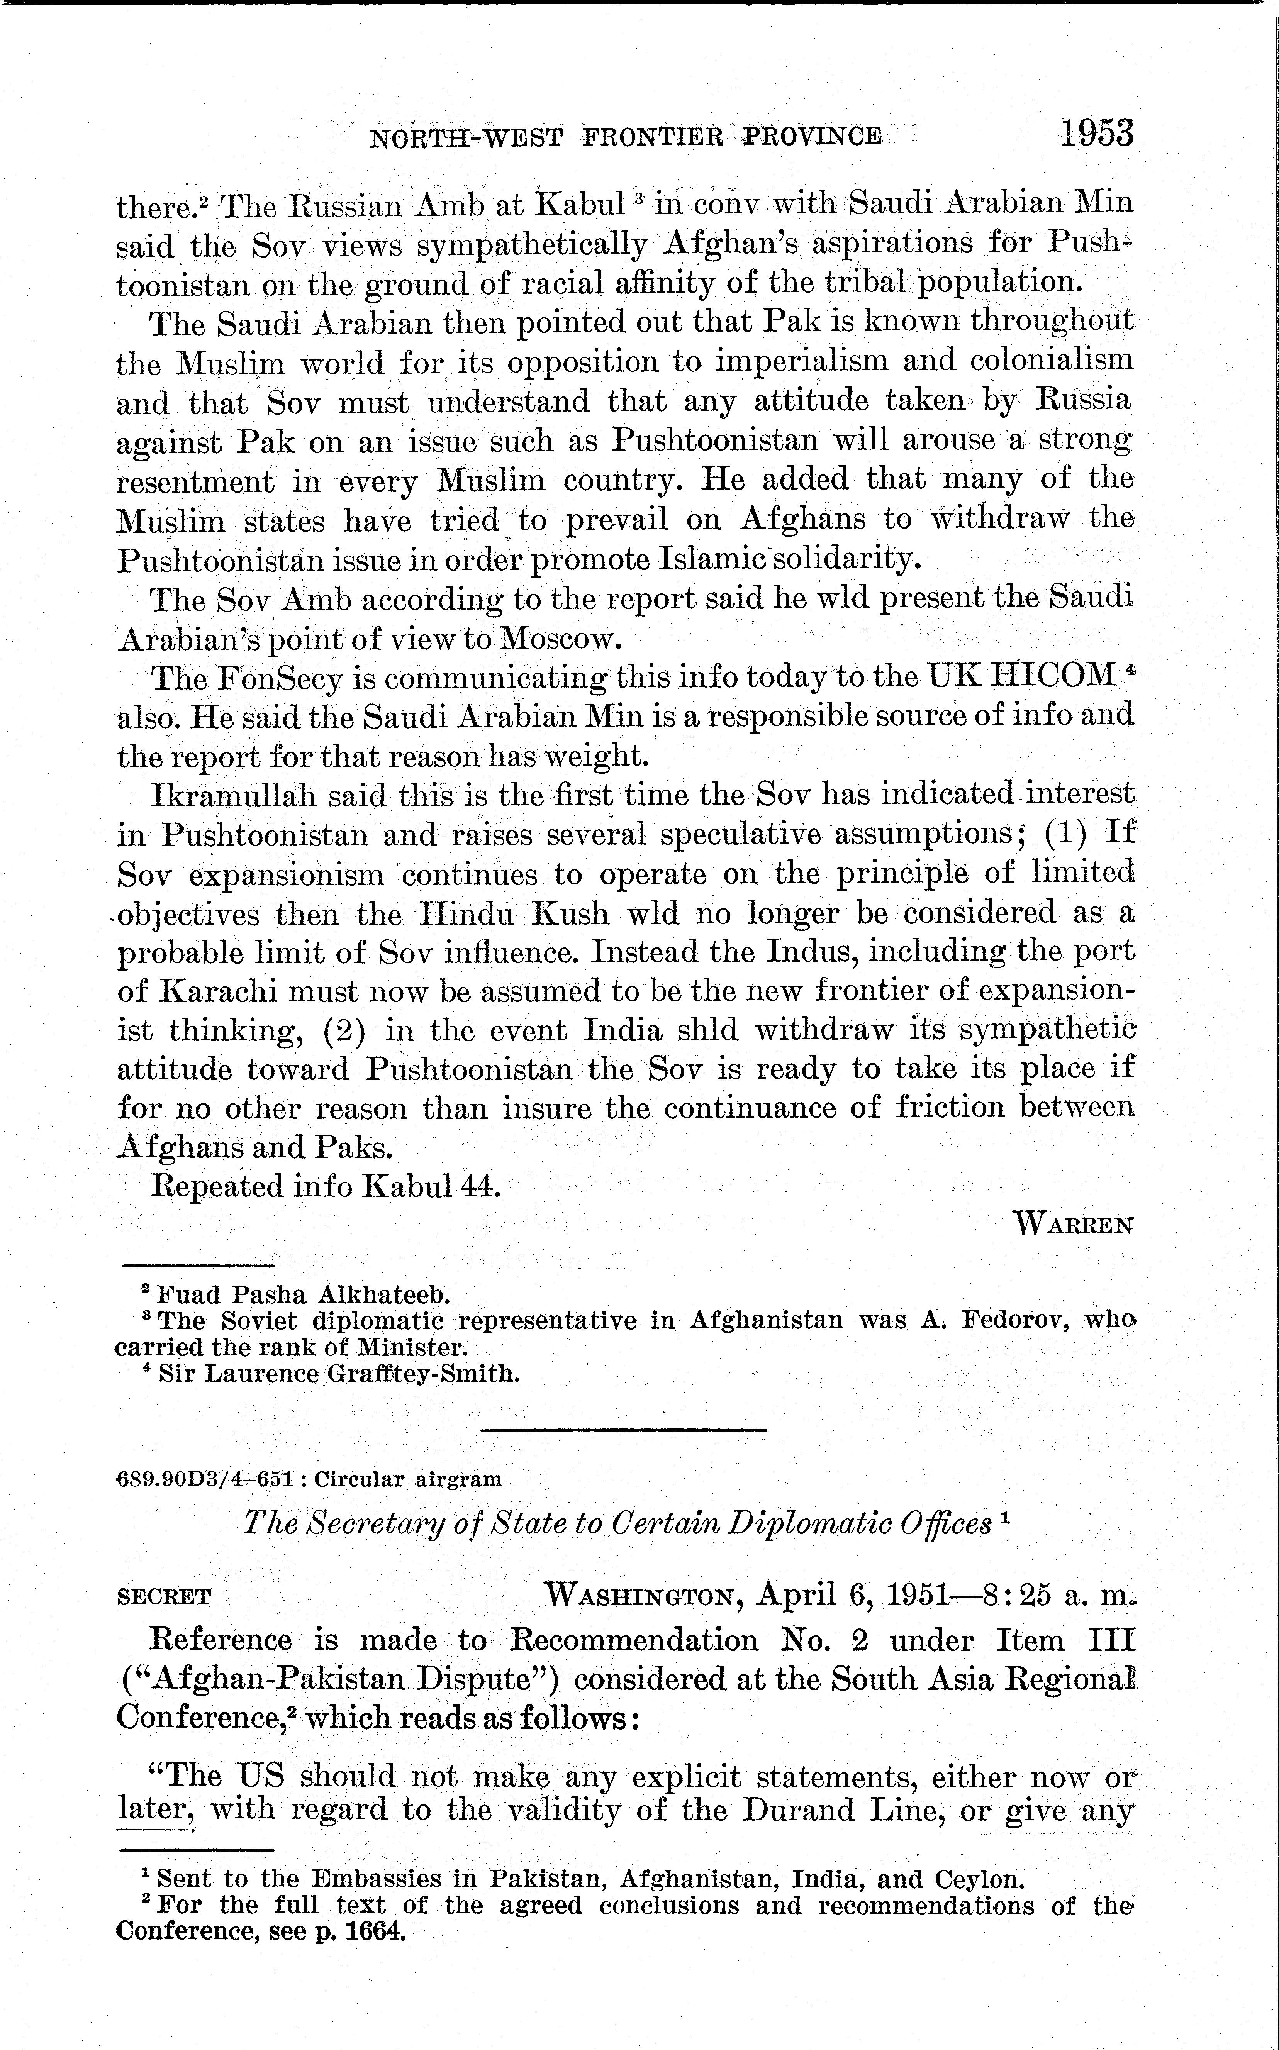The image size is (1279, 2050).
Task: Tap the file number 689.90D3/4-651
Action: click(204, 1479)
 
